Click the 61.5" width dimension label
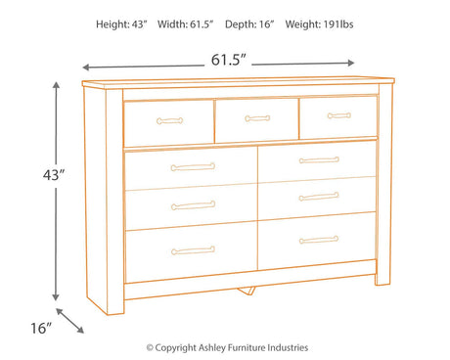[x=228, y=60]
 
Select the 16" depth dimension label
[x=41, y=328]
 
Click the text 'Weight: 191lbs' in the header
[x=319, y=24]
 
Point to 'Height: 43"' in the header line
[x=121, y=24]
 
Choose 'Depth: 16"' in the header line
[x=249, y=24]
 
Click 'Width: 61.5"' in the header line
[x=185, y=24]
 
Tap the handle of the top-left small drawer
[x=169, y=121]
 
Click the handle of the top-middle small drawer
[x=257, y=118]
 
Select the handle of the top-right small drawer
[x=339, y=115]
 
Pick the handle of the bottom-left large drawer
[x=193, y=250]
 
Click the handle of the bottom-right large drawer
[x=319, y=240]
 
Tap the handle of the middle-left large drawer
[x=193, y=205]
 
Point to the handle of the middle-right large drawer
[x=319, y=197]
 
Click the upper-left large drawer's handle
[x=193, y=167]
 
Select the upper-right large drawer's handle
[x=319, y=160]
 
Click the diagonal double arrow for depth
[x=69, y=321]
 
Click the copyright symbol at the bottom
[x=150, y=348]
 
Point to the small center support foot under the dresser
[x=247, y=291]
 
